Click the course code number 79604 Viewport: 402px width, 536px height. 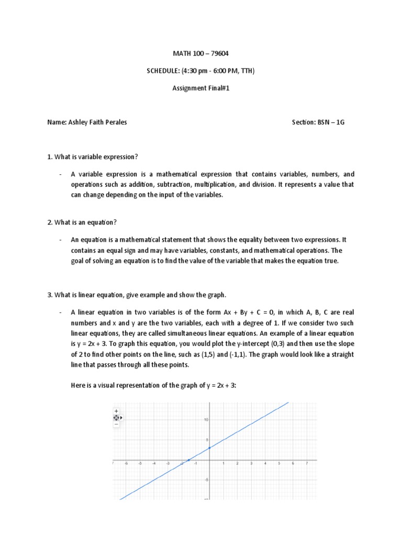[x=220, y=54]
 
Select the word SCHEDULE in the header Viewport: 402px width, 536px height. [x=163, y=71]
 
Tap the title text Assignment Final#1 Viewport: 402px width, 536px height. [x=201, y=88]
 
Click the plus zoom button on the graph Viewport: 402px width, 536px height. [x=116, y=411]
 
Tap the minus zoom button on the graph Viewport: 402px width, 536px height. [x=116, y=425]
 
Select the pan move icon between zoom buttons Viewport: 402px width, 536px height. [x=116, y=418]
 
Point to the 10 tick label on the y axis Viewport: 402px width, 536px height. [x=207, y=420]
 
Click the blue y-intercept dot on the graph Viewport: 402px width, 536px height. [x=209, y=448]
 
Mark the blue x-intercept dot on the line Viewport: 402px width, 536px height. [x=188, y=460]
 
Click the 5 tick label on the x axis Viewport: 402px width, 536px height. [x=278, y=464]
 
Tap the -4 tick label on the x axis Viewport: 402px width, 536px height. [x=153, y=464]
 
